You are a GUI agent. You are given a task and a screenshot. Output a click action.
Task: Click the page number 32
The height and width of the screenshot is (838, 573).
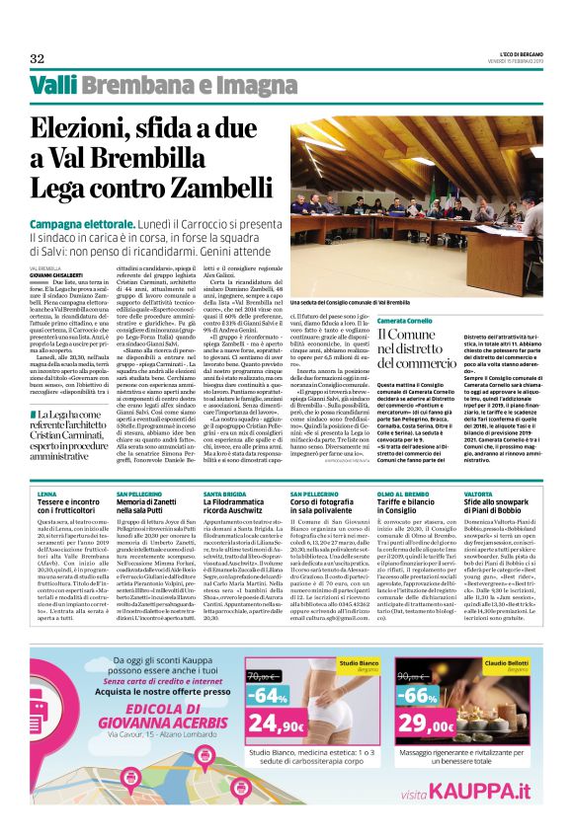38,57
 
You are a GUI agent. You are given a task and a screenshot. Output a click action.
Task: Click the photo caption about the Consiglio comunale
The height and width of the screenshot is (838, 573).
350,301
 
